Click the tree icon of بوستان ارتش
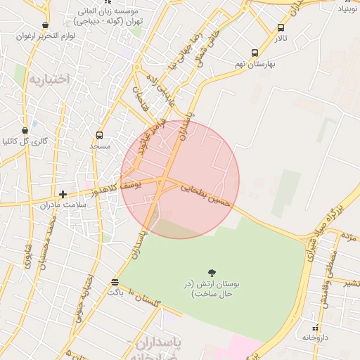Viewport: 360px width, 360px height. (212, 272)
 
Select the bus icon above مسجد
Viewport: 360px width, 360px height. (99, 135)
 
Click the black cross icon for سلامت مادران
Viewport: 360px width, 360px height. (63, 193)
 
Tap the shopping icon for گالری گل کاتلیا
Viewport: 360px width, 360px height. (25, 130)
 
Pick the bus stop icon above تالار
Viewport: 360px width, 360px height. (281, 27)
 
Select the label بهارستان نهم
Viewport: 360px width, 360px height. (255, 64)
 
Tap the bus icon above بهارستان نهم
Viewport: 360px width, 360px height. (255, 53)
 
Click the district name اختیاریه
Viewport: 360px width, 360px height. (49, 79)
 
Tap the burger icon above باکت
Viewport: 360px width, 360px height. (115, 282)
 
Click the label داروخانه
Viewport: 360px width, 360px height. (316, 337)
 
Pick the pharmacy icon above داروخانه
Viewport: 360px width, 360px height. (316, 327)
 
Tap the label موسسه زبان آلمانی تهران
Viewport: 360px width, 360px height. (110, 16)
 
